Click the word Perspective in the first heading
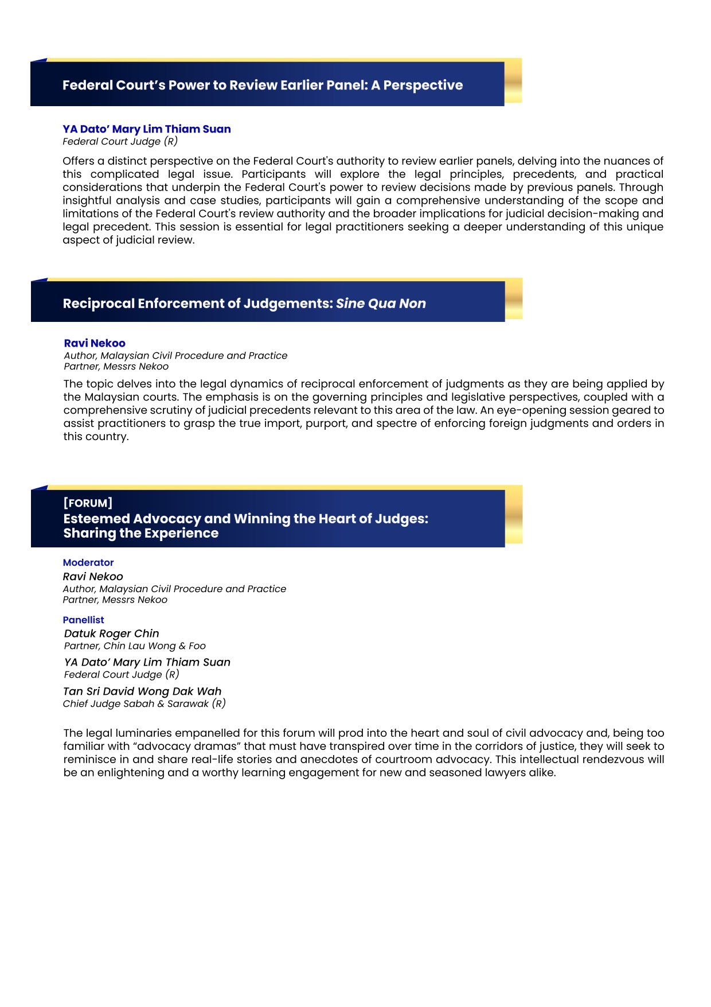pyautogui.click(x=423, y=85)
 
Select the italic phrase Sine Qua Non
pyautogui.click(x=381, y=304)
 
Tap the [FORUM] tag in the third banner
pyautogui.click(x=88, y=503)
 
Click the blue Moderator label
pyautogui.click(x=88, y=563)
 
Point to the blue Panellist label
pyautogui.click(x=84, y=620)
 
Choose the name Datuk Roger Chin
pyautogui.click(x=112, y=633)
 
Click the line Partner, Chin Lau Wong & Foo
pyautogui.click(x=135, y=646)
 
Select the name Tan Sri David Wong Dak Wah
pyautogui.click(x=142, y=691)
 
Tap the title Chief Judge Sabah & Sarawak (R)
pyautogui.click(x=144, y=704)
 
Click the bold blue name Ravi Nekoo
pyautogui.click(x=95, y=343)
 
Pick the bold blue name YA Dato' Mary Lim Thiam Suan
pyautogui.click(x=147, y=129)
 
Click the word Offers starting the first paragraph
pyautogui.click(x=79, y=161)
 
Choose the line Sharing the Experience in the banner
pyautogui.click(x=141, y=534)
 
